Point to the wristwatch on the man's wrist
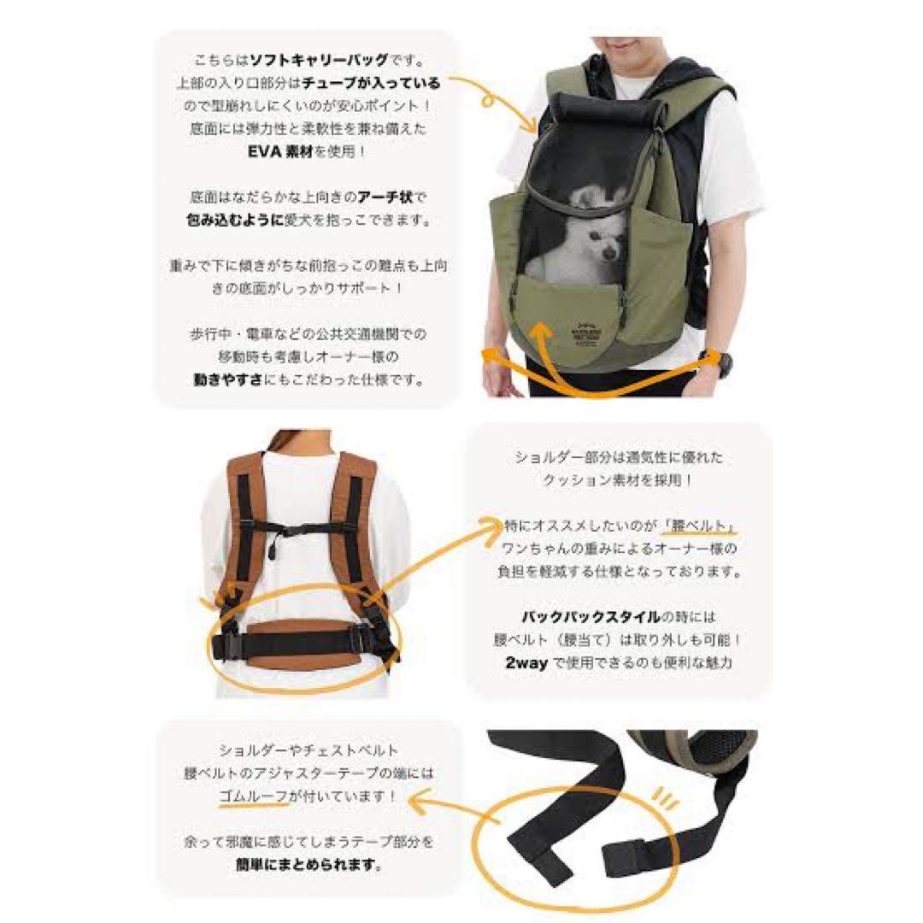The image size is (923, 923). point(721,362)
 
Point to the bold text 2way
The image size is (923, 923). point(523,662)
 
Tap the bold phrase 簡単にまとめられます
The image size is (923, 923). point(309,864)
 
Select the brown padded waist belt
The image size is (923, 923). point(300,640)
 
